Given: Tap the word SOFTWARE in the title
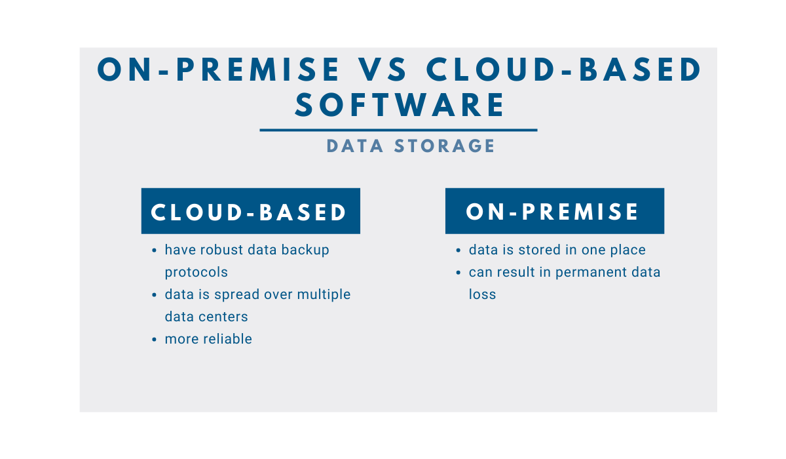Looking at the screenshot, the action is [400, 105].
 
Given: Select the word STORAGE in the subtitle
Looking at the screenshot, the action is [444, 146].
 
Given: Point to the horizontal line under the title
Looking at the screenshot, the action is [398, 130].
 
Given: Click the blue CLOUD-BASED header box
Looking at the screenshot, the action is [250, 211].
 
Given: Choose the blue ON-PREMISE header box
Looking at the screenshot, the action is [555, 211].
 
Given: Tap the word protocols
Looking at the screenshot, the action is [196, 273].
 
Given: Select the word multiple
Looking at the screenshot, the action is [324, 294].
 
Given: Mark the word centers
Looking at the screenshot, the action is [223, 317].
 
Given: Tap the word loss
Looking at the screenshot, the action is [482, 294].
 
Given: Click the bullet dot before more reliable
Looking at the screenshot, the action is [154, 340].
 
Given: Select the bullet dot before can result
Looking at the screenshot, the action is [458, 273].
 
